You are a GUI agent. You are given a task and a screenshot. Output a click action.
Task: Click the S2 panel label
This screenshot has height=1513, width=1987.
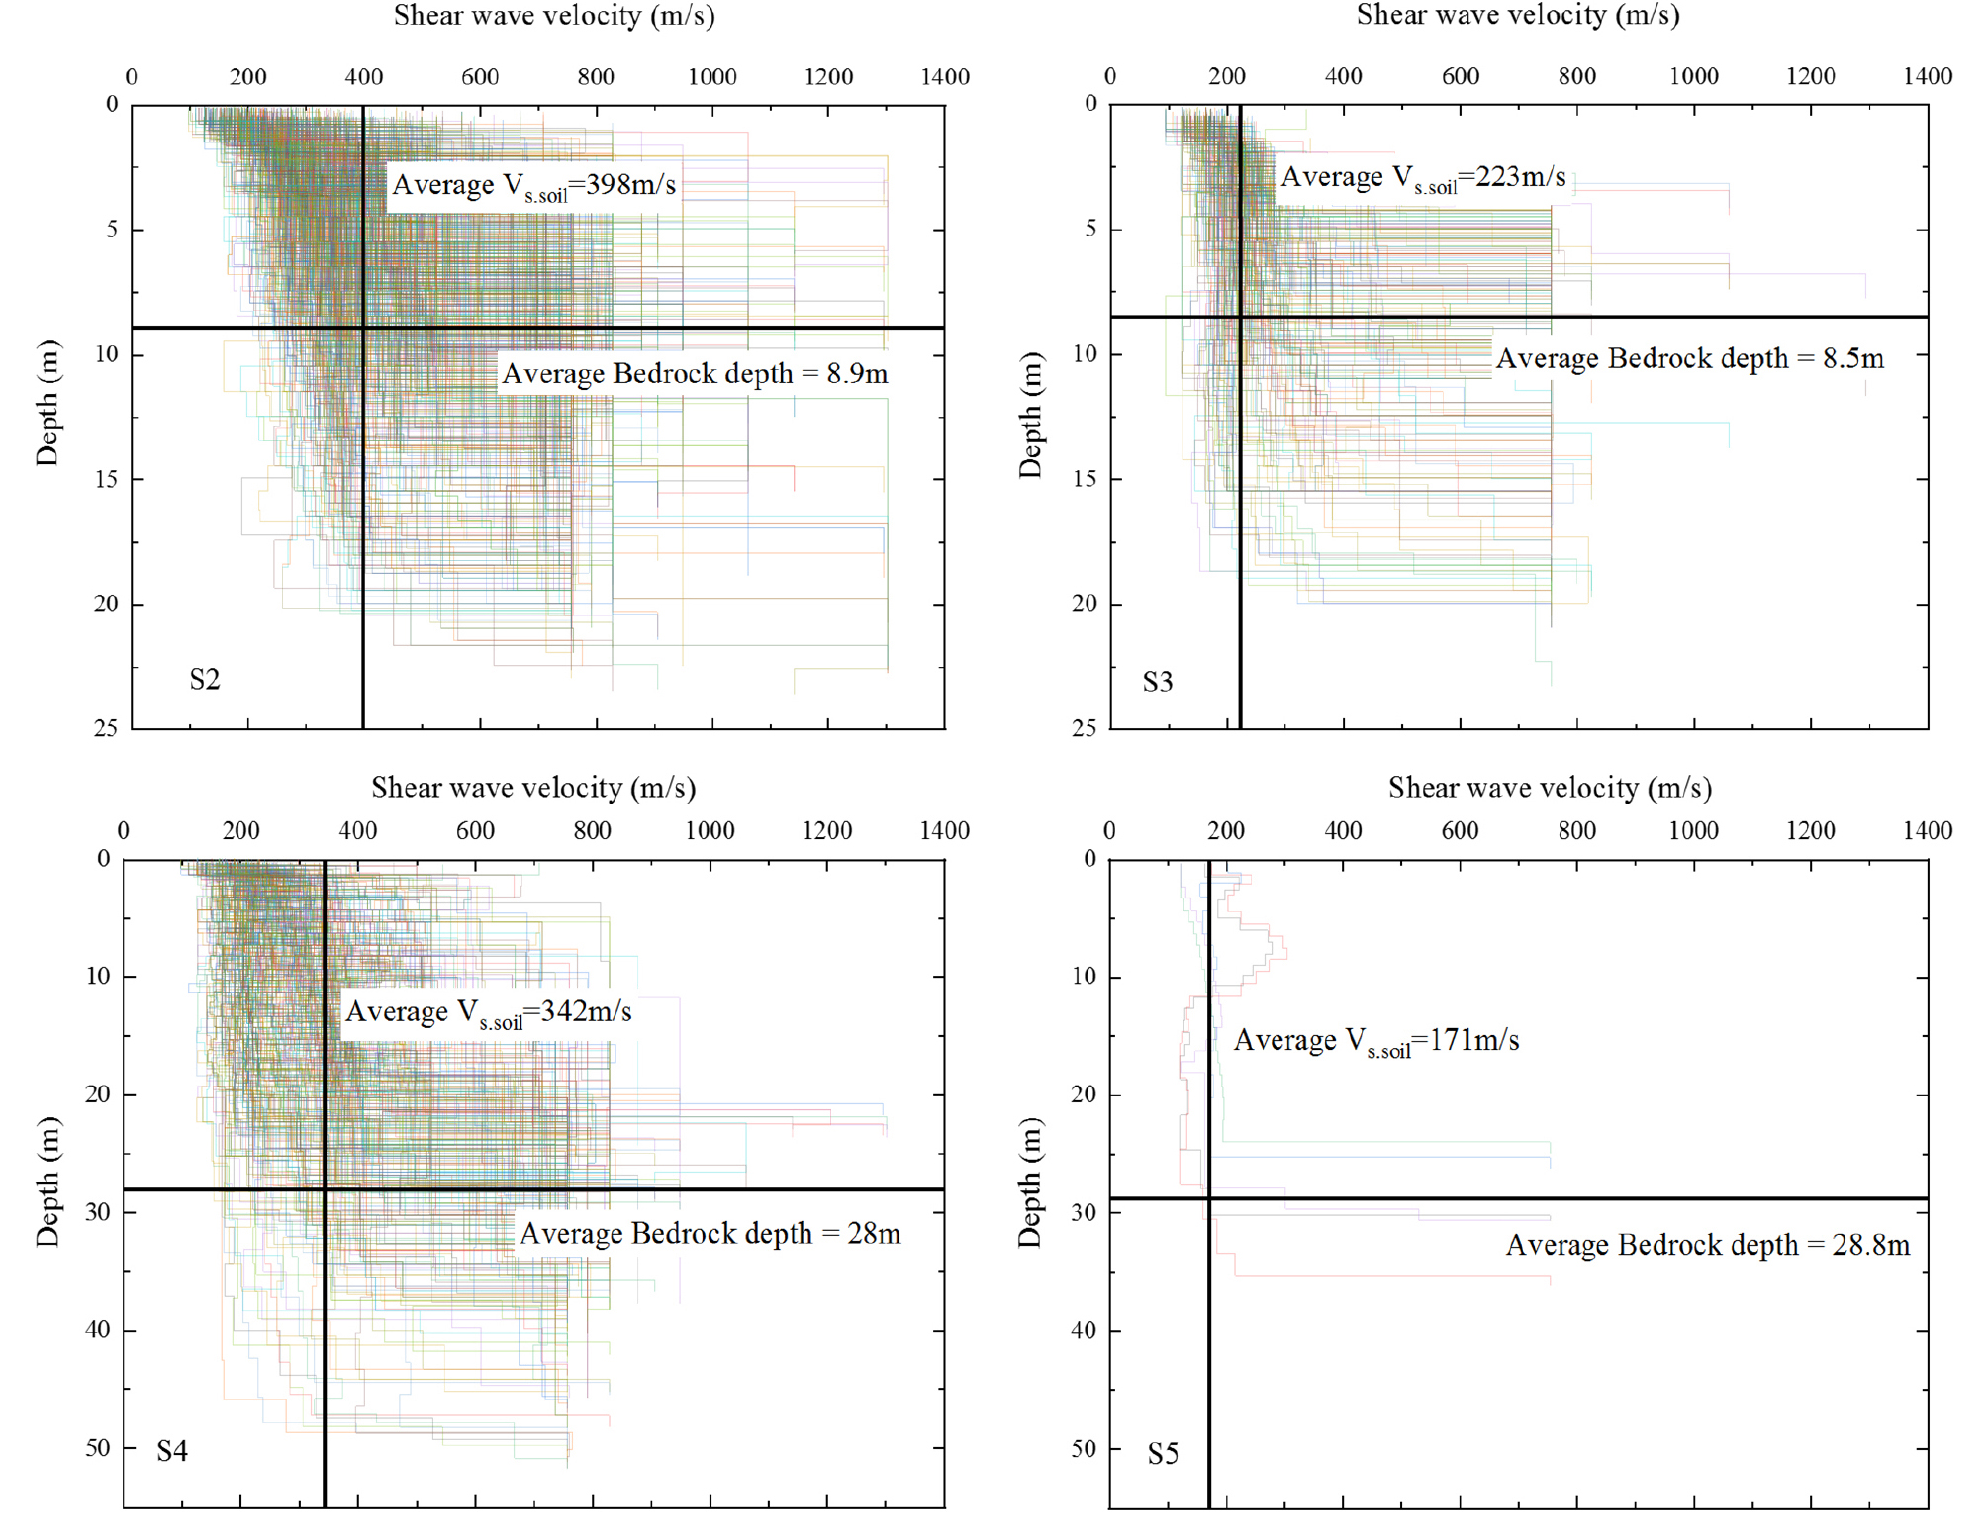click(x=205, y=680)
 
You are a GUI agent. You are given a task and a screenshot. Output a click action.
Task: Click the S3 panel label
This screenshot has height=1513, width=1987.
click(x=1157, y=682)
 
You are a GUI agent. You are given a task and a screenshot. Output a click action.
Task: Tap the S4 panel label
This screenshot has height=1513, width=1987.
click(x=172, y=1451)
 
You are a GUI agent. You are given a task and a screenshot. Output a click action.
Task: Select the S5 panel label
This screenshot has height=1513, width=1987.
click(x=1163, y=1454)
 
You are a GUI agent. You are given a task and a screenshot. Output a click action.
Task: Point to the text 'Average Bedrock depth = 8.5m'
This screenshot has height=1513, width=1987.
click(x=1689, y=358)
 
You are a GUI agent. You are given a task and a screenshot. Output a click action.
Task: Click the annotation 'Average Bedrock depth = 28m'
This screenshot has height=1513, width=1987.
click(x=710, y=1234)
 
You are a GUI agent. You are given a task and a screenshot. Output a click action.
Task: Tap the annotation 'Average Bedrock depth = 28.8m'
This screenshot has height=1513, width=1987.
click(x=1708, y=1245)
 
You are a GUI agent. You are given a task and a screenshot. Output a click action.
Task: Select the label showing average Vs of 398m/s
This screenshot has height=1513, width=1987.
click(x=533, y=186)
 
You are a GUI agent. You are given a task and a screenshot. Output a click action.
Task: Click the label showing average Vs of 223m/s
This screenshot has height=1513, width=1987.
click(x=1423, y=178)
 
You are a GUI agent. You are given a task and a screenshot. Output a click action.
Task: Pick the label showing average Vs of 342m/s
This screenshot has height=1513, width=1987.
click(x=488, y=1012)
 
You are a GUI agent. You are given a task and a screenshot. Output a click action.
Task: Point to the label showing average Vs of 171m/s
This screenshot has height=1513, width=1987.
click(x=1375, y=1041)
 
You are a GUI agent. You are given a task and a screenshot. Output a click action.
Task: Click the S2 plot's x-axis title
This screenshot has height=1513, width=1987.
click(x=554, y=16)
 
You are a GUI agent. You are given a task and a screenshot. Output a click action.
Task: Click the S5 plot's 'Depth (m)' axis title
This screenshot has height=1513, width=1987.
click(x=1030, y=1182)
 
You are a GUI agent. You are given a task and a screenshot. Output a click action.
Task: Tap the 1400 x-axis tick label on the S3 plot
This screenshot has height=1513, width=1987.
click(x=1928, y=76)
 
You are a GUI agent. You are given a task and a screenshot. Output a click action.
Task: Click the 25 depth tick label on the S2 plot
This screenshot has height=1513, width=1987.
click(x=105, y=729)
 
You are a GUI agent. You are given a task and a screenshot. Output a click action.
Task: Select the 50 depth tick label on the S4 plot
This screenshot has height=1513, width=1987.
click(x=97, y=1448)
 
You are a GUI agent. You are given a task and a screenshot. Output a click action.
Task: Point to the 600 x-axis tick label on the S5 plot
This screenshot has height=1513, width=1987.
click(x=1460, y=831)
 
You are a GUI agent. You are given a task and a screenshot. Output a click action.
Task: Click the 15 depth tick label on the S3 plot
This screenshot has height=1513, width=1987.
click(x=1085, y=479)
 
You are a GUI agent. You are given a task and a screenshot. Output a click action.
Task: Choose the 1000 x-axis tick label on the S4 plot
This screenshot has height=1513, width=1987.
click(x=710, y=831)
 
